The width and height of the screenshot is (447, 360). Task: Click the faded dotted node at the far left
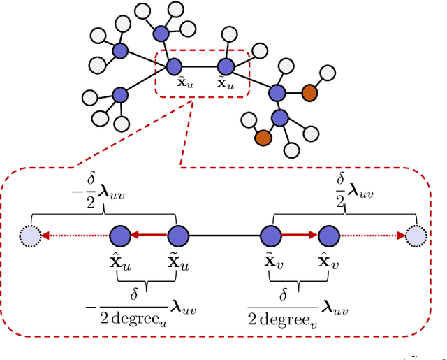click(x=31, y=236)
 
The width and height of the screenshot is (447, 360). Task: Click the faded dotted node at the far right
click(x=417, y=236)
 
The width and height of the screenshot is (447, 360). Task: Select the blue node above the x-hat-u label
click(x=120, y=236)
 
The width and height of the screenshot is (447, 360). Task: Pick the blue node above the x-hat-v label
click(x=328, y=236)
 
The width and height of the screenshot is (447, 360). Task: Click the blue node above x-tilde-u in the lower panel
click(x=178, y=236)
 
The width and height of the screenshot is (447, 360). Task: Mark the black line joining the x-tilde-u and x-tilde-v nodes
click(x=223, y=236)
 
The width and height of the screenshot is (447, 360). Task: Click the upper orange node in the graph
click(x=308, y=92)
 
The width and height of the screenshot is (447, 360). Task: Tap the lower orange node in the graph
click(x=262, y=138)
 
